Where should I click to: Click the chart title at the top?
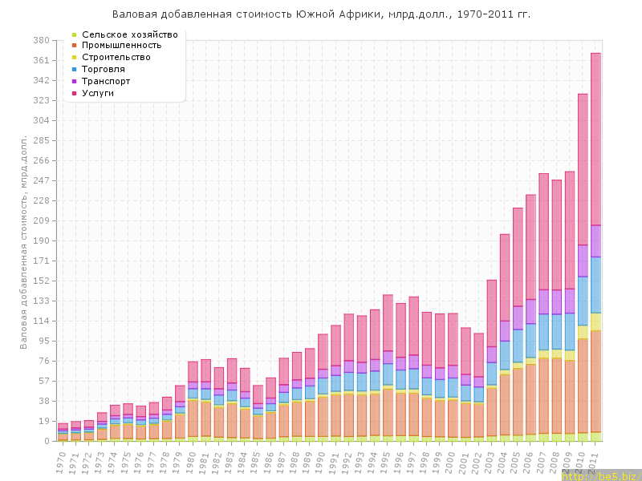coord(321,14)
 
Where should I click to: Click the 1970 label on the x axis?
coord(61,462)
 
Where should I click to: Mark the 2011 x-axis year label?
coord(594,462)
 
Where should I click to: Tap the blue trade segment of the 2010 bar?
coord(583,301)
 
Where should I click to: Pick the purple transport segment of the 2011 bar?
coord(595,241)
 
